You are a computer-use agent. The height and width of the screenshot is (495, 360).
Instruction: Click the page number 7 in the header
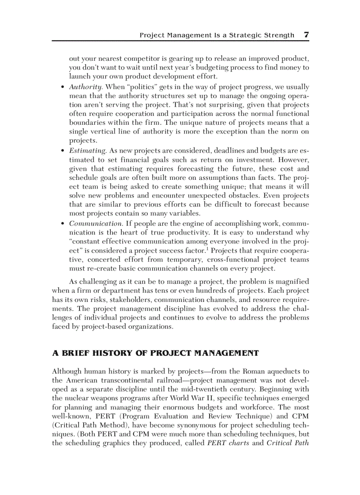306,35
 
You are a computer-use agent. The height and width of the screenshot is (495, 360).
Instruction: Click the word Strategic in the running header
244,35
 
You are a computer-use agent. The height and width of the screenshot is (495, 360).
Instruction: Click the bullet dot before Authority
63,87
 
